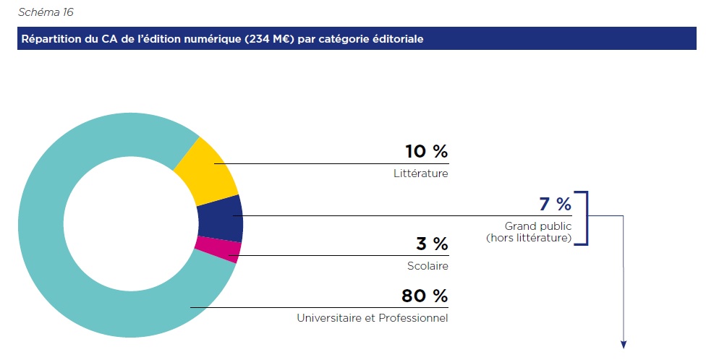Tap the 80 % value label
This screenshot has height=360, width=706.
(x=425, y=296)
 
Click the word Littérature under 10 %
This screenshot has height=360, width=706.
(x=420, y=173)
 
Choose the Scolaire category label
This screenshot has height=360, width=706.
(x=428, y=266)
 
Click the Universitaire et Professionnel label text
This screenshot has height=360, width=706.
(x=372, y=318)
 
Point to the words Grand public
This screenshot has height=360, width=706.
(x=538, y=226)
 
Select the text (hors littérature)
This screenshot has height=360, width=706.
(x=529, y=237)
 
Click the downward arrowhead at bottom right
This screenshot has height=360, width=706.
(x=624, y=343)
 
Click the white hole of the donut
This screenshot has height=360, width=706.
(x=130, y=225)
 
